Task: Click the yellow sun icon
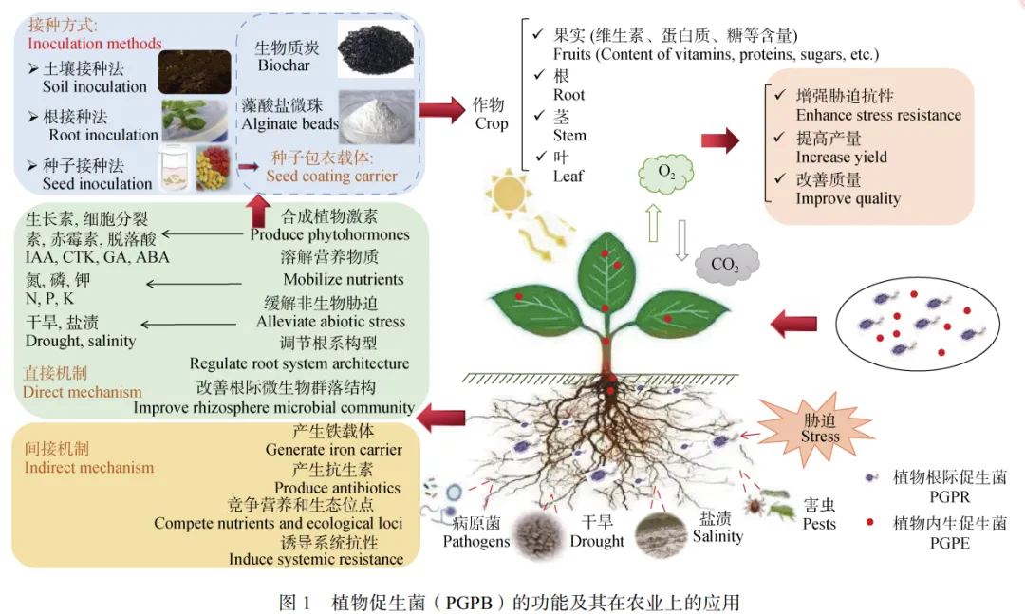505,194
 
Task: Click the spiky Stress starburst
819,428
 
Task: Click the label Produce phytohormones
329,234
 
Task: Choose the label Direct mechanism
82,391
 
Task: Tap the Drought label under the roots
597,541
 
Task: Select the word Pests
819,524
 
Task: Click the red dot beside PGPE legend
869,524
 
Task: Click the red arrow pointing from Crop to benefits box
719,142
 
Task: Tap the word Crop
491,123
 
